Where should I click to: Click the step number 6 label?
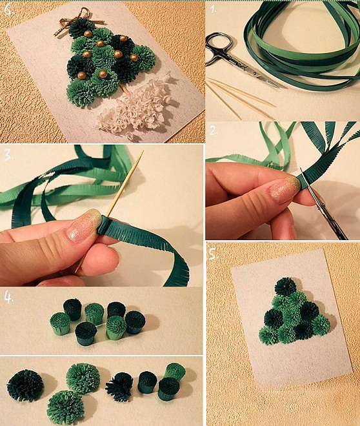coord(8,10)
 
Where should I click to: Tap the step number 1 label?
coord(214,10)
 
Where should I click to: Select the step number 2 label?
coord(214,131)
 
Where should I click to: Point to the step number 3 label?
coord(8,155)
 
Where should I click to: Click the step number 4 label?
coord(9,298)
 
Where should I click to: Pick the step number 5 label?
coord(213,254)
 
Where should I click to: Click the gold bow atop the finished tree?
coord(71,21)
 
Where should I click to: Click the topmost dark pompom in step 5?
coord(285,287)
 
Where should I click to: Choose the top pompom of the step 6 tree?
coord(81,28)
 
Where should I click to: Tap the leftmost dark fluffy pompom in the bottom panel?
coord(25,385)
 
